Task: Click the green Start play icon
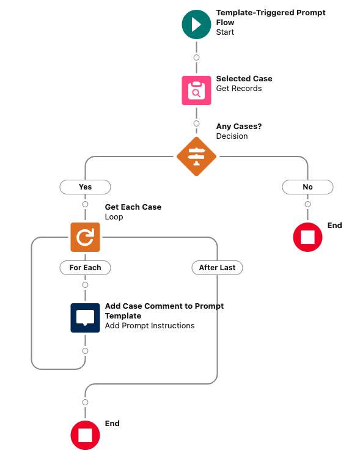coord(196,24)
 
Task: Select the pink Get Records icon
coord(196,90)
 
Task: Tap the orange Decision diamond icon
coord(196,157)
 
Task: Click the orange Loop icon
coord(85,237)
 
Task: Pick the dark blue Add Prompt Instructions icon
coord(85,317)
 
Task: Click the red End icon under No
coord(307,237)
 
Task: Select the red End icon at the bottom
coord(85,435)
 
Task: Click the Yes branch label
coord(85,187)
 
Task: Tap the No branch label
coord(307,187)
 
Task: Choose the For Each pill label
coord(85,268)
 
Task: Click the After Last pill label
coord(217,268)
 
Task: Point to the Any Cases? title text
coord(238,127)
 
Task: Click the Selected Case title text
coord(244,79)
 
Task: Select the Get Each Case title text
coord(133,207)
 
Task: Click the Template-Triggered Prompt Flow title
coord(262,17)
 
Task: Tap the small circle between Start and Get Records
coord(196,57)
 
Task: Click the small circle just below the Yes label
coord(85,204)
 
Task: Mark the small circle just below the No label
coord(307,204)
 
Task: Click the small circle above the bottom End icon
coord(85,402)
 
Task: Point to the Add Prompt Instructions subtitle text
coord(149,326)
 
